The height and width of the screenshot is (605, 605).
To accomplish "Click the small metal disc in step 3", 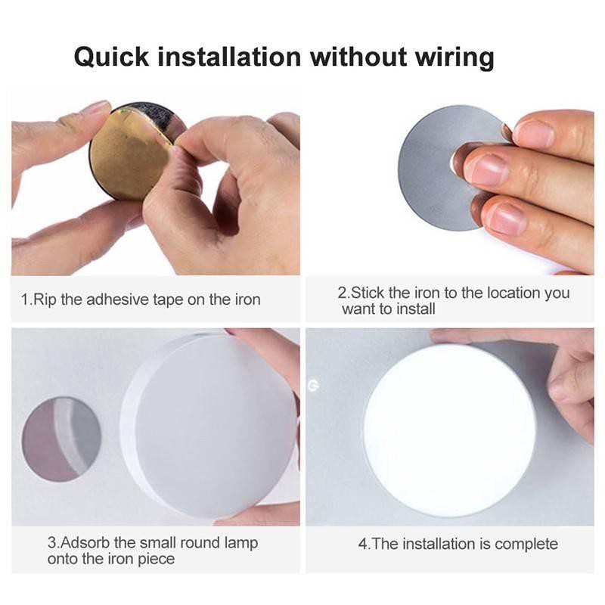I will [x=60, y=439].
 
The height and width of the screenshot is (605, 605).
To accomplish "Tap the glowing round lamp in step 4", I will [x=449, y=431].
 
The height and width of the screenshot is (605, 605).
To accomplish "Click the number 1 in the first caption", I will [x=23, y=300].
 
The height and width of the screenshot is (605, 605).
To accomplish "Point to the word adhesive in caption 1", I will [x=123, y=300].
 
